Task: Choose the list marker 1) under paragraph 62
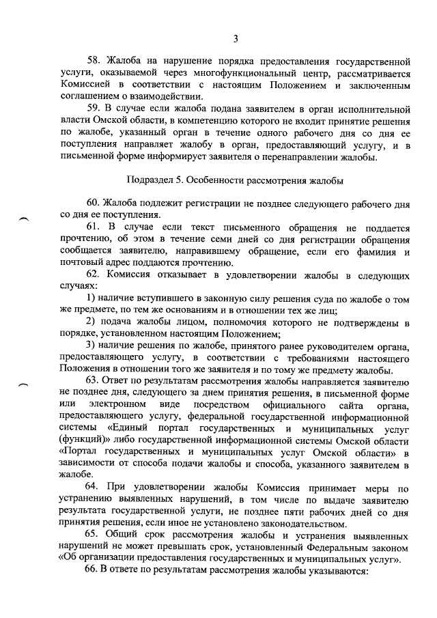click(91, 300)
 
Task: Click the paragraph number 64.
click(94, 489)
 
